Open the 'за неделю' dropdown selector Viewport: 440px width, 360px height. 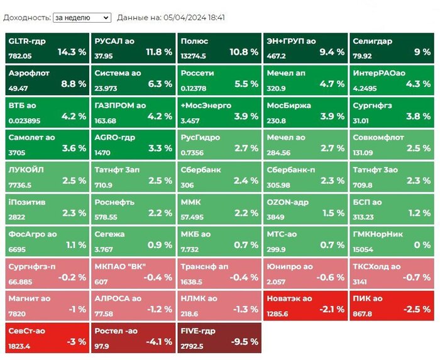pos(82,18)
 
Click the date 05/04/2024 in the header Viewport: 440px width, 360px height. pos(187,18)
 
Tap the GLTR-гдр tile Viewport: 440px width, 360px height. pos(47,48)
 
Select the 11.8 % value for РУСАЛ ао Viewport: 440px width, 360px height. pos(159,52)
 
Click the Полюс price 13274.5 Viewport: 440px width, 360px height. pos(193,56)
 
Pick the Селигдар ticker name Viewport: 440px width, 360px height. pos(372,42)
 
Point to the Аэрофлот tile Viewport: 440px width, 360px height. pos(47,80)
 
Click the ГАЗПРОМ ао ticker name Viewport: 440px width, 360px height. pos(120,106)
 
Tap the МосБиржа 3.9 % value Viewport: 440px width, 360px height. pos(331,116)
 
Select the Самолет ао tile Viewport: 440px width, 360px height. pos(47,144)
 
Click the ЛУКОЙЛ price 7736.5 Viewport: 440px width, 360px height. pos(20,185)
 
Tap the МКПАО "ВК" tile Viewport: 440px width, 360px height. pos(133,273)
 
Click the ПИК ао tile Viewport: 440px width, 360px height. pos(392,305)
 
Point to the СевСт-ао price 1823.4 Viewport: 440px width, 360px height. pos(21,346)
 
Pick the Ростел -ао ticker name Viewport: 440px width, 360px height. pos(116,331)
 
